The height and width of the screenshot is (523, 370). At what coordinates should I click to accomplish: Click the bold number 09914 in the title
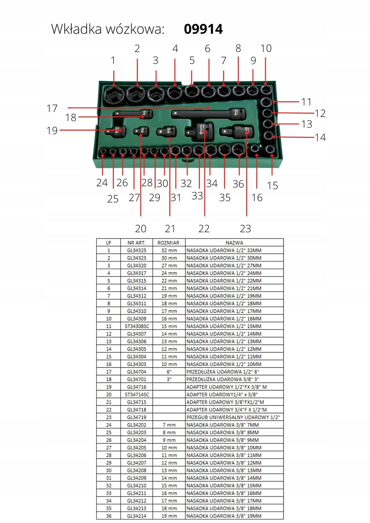pos(203,29)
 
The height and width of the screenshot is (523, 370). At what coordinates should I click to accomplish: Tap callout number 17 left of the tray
pos(52,108)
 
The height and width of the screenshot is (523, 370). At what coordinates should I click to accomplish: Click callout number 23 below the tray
pos(245,229)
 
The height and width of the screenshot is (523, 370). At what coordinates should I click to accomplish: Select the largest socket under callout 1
pos(113,95)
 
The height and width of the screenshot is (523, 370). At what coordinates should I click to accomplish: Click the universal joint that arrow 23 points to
pos(236,132)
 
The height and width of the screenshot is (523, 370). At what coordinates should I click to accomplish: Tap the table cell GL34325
pos(137,250)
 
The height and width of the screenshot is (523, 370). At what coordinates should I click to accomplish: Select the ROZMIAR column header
pos(168,243)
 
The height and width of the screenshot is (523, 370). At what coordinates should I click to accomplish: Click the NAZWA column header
pos(234,243)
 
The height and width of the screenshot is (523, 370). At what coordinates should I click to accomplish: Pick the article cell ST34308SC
pos(137,326)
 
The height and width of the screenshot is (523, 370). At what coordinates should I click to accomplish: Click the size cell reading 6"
pos(169,372)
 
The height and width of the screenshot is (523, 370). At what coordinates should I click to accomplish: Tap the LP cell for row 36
pos(109,516)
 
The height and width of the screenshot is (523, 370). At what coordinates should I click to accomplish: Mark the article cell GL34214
pos(137,516)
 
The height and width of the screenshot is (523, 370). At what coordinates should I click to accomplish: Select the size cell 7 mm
pos(169,425)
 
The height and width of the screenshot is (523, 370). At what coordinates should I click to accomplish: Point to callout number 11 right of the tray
pos(306,102)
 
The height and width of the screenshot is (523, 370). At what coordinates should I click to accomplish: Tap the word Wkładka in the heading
pos(77,29)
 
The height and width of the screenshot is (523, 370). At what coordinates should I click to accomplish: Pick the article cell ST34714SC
pos(137,394)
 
